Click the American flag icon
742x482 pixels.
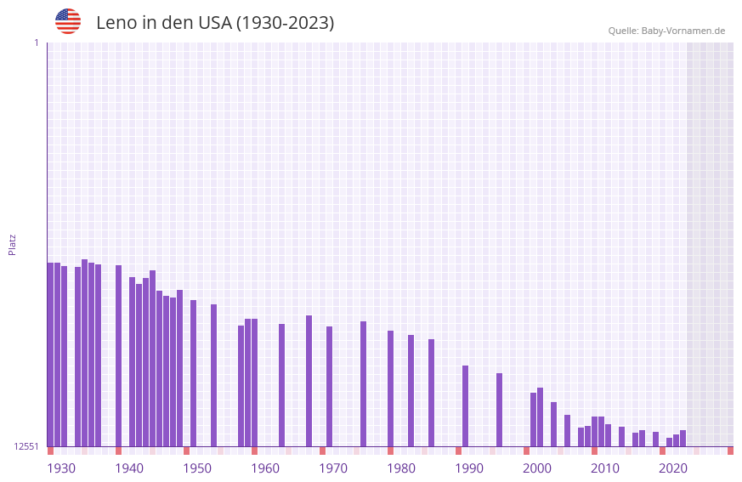click(x=68, y=21)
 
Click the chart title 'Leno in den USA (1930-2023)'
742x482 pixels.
click(x=215, y=23)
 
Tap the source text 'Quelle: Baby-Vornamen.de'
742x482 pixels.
click(x=666, y=31)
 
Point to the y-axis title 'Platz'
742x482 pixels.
click(x=12, y=245)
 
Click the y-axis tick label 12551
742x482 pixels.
click(x=26, y=446)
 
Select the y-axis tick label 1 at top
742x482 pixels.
click(x=36, y=43)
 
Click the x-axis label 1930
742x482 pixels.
click(x=61, y=468)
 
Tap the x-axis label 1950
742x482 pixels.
click(x=197, y=468)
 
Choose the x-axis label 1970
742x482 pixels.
click(x=333, y=468)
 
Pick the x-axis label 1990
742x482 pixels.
click(x=469, y=468)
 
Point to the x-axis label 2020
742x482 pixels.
click(x=673, y=468)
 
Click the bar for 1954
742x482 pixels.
click(x=213, y=375)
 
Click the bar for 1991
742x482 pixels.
click(x=465, y=405)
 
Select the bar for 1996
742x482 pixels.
click(x=499, y=410)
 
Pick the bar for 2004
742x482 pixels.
click(x=553, y=424)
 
